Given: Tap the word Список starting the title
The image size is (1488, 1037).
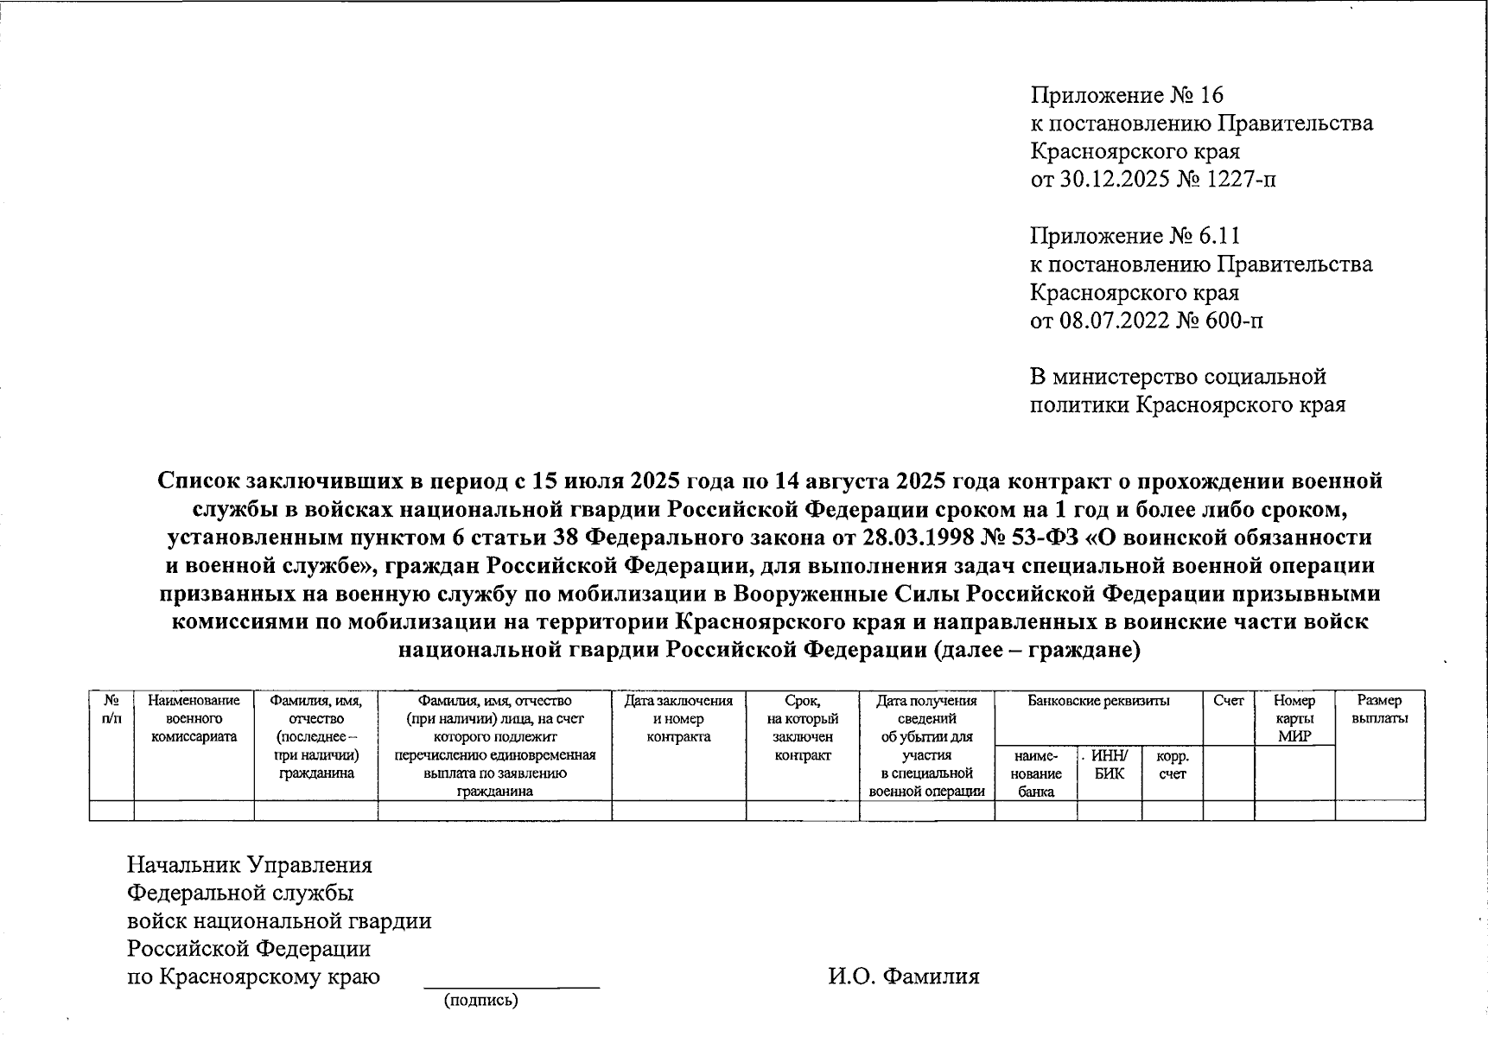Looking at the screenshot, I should point(199,480).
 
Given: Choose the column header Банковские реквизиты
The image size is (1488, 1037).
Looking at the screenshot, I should point(1098,701).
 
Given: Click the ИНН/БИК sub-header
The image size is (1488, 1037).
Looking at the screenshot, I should point(1110,765).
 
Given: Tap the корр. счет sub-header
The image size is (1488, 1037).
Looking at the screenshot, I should point(1173,765).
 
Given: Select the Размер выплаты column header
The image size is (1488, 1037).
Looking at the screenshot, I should point(1379,709).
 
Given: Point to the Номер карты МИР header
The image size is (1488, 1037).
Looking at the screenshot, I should point(1294,718).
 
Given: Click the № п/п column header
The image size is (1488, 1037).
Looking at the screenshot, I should point(111,709).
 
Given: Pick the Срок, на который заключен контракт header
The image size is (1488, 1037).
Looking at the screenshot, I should point(803,728).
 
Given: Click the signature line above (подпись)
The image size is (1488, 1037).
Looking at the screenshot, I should point(511,986).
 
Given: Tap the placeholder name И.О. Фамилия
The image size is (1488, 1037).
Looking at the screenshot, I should point(904,977).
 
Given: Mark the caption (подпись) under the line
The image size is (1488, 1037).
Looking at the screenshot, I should point(481,1001).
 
